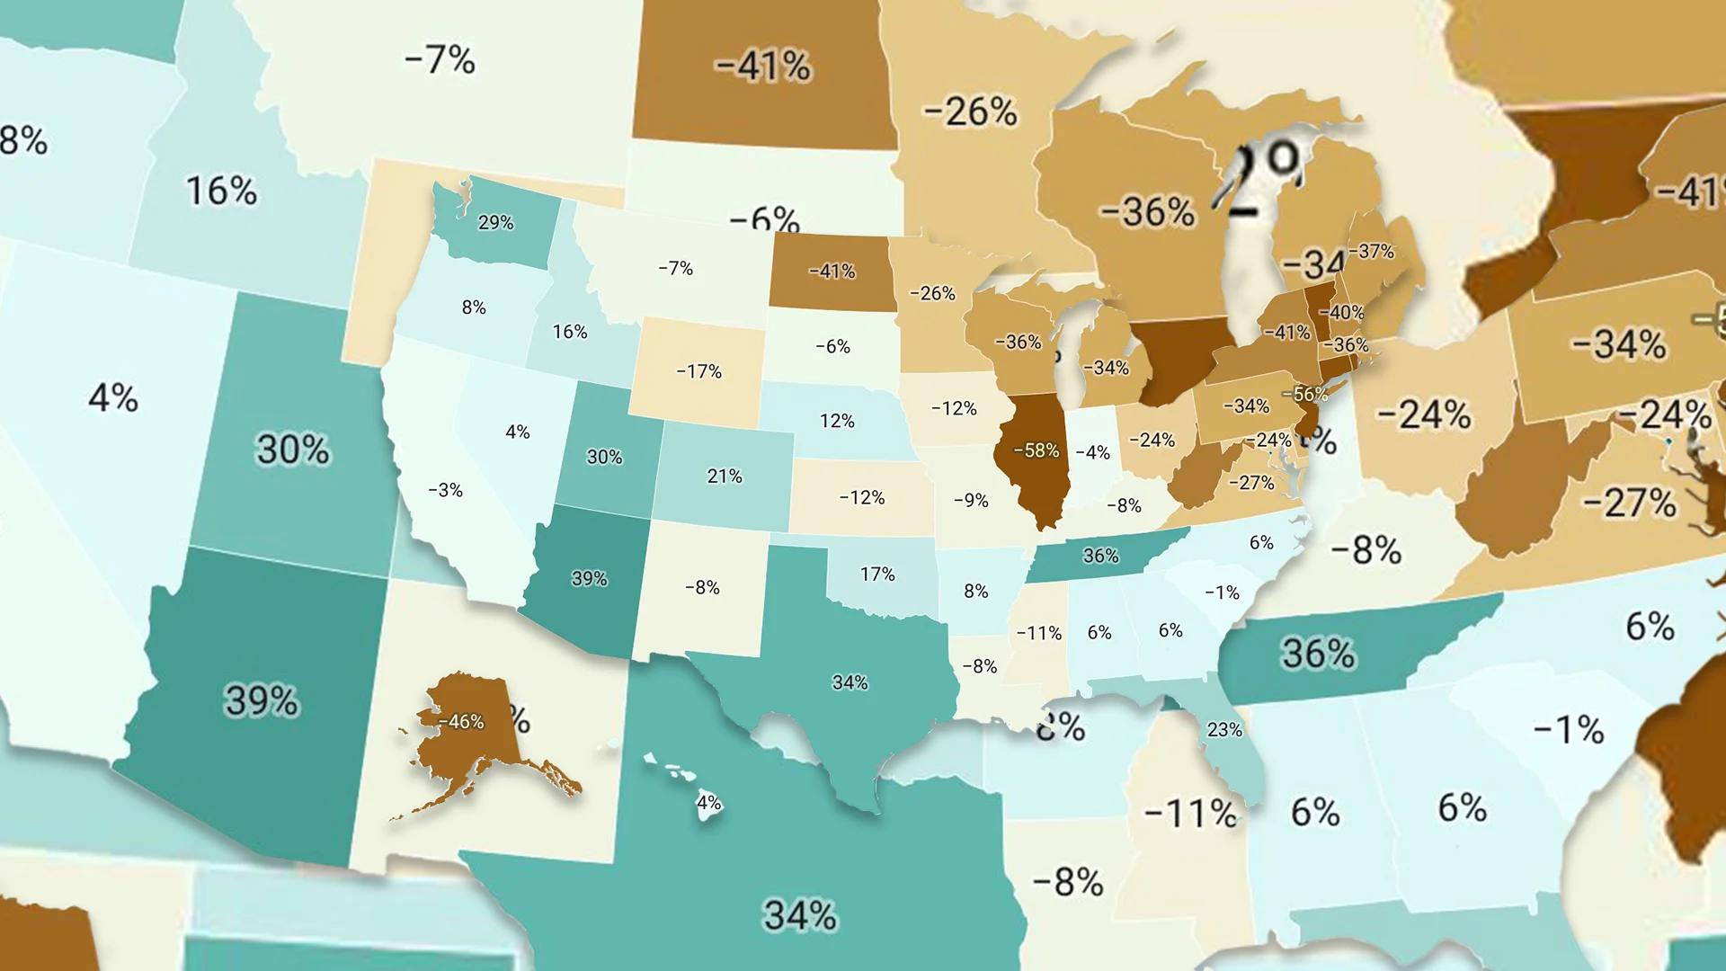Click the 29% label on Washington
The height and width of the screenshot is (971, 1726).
495,222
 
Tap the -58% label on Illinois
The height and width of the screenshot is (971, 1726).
1036,450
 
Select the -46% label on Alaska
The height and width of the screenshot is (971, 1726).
461,722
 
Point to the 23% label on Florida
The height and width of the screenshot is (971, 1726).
1224,730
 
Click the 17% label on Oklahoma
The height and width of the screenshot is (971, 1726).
876,574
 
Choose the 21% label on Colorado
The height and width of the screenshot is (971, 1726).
724,476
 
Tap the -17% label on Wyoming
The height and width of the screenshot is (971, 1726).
698,371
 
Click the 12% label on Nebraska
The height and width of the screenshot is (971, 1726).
836,421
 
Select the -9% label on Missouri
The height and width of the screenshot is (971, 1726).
971,500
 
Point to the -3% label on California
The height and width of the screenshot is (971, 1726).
445,490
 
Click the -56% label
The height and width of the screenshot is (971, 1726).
1304,394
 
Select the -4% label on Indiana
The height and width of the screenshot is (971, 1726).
1093,452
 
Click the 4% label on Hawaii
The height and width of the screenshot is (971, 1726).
709,802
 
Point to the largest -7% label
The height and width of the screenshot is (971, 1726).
440,60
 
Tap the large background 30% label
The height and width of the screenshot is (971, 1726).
293,449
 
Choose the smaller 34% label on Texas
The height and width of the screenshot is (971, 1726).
850,682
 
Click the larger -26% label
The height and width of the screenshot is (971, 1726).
970,111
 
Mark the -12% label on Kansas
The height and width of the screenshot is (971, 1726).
861,497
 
